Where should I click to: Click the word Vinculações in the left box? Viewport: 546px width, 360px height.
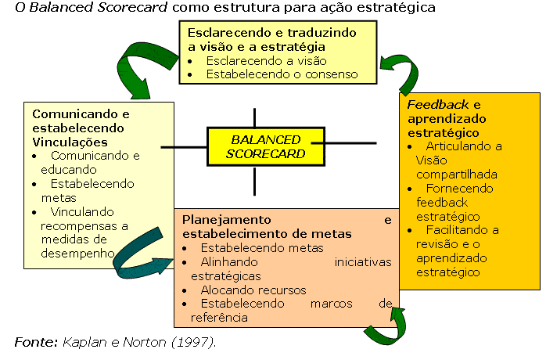(70, 142)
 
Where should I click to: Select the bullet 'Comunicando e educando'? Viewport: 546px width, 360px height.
(86, 162)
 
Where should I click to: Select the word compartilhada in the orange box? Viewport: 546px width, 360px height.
(457, 174)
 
